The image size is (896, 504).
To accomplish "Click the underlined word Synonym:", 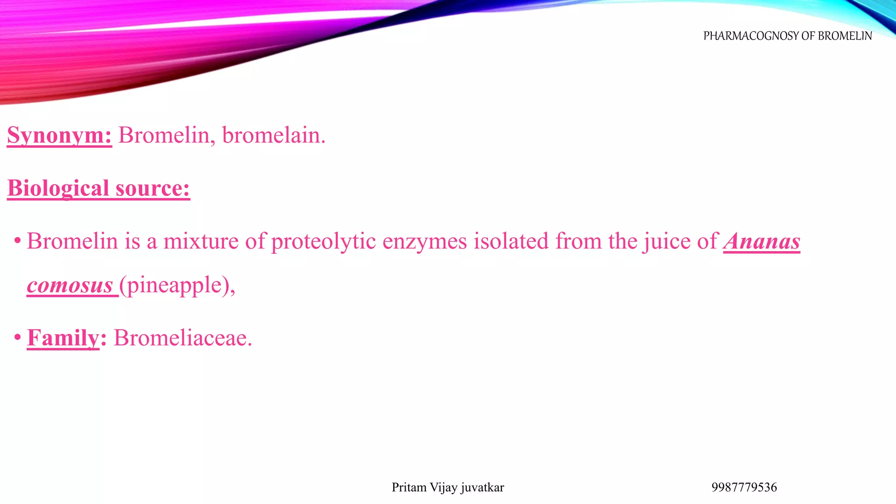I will coord(59,135).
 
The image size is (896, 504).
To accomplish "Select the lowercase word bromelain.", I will coord(273,135).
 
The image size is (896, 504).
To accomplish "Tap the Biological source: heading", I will coord(98,188).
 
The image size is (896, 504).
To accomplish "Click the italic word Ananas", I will coord(762,241).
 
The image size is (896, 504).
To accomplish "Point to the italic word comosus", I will coord(70,285).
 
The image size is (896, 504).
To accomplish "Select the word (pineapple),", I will coord(178,285).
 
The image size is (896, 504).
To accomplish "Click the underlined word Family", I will coord(63,338).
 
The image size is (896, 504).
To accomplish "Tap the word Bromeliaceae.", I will coord(183,338).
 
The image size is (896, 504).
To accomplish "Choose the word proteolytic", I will coord(323,241).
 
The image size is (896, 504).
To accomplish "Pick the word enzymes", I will coord(425,241).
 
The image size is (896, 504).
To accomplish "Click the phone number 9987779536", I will coord(744,487).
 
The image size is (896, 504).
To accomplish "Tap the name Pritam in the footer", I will coord(409,487).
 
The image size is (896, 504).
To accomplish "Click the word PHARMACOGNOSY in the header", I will coord(751,36).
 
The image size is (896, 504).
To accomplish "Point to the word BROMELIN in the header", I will coord(845,36).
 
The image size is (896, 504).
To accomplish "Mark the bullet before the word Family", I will coord(17,338).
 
